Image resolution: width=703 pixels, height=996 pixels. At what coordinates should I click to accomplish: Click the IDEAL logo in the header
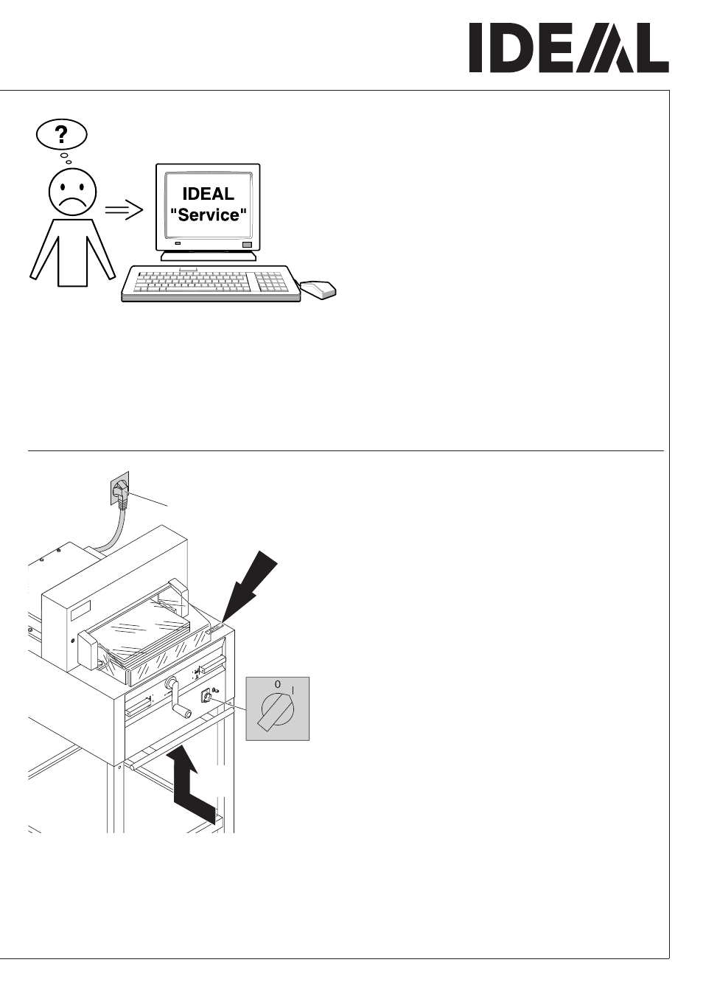pyautogui.click(x=569, y=48)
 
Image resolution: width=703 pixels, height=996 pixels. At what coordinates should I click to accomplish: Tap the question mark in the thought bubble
pyautogui.click(x=61, y=134)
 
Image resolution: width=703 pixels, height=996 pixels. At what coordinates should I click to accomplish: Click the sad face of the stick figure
pyautogui.click(x=72, y=192)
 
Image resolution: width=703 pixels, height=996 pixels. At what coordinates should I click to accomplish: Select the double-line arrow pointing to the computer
pyautogui.click(x=124, y=209)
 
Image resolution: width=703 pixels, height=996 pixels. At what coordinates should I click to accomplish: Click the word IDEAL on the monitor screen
pyautogui.click(x=209, y=194)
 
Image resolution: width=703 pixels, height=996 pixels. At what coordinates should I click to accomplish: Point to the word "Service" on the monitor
pyautogui.click(x=209, y=215)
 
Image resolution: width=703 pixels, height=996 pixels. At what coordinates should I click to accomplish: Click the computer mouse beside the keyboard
pyautogui.click(x=318, y=289)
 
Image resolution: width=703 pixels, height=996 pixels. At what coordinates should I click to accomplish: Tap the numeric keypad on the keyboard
pyautogui.click(x=270, y=282)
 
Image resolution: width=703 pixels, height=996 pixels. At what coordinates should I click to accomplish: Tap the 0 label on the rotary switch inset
pyautogui.click(x=277, y=684)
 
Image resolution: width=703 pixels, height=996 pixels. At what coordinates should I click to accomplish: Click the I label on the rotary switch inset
pyautogui.click(x=293, y=690)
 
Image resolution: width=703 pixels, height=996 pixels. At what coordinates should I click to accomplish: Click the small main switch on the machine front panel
pyautogui.click(x=206, y=695)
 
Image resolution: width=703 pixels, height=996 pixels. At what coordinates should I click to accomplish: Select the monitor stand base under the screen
pyautogui.click(x=209, y=256)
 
